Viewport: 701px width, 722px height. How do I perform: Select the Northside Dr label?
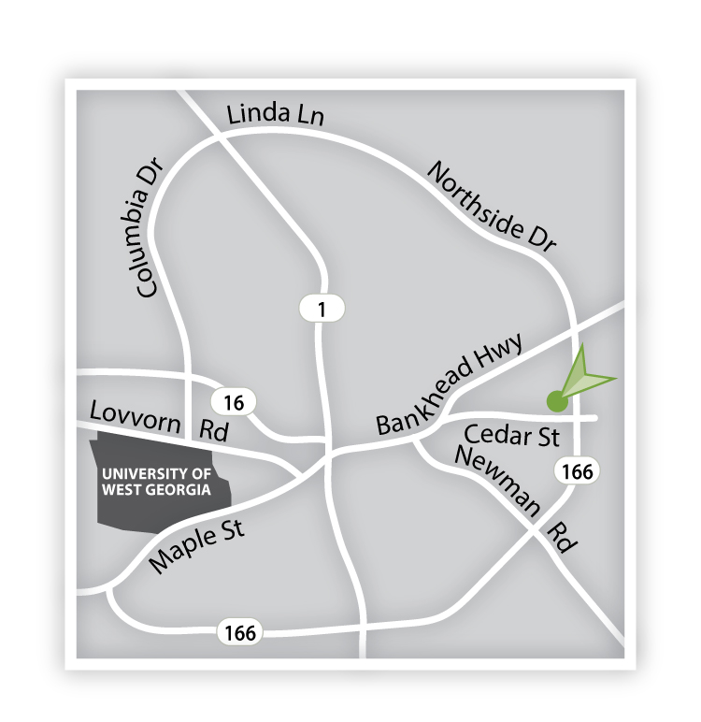492,208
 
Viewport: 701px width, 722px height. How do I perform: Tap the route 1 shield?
322,308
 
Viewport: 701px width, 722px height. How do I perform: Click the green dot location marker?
556,402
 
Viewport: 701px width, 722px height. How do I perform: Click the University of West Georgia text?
155,481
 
